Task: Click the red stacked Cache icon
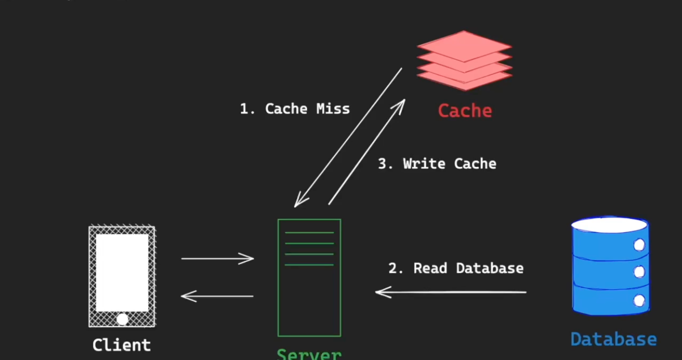(x=464, y=60)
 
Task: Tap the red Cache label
(x=464, y=111)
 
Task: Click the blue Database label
(x=613, y=339)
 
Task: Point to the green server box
(x=309, y=277)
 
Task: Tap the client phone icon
(x=122, y=276)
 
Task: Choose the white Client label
(x=121, y=345)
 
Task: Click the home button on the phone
(x=122, y=319)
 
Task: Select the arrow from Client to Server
(x=217, y=258)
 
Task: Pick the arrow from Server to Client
(x=217, y=296)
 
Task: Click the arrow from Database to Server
(x=451, y=292)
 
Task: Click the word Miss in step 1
(x=333, y=109)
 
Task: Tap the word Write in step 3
(x=423, y=163)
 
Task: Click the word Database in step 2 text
(x=489, y=268)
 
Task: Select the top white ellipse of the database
(x=609, y=225)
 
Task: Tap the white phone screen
(x=122, y=272)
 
